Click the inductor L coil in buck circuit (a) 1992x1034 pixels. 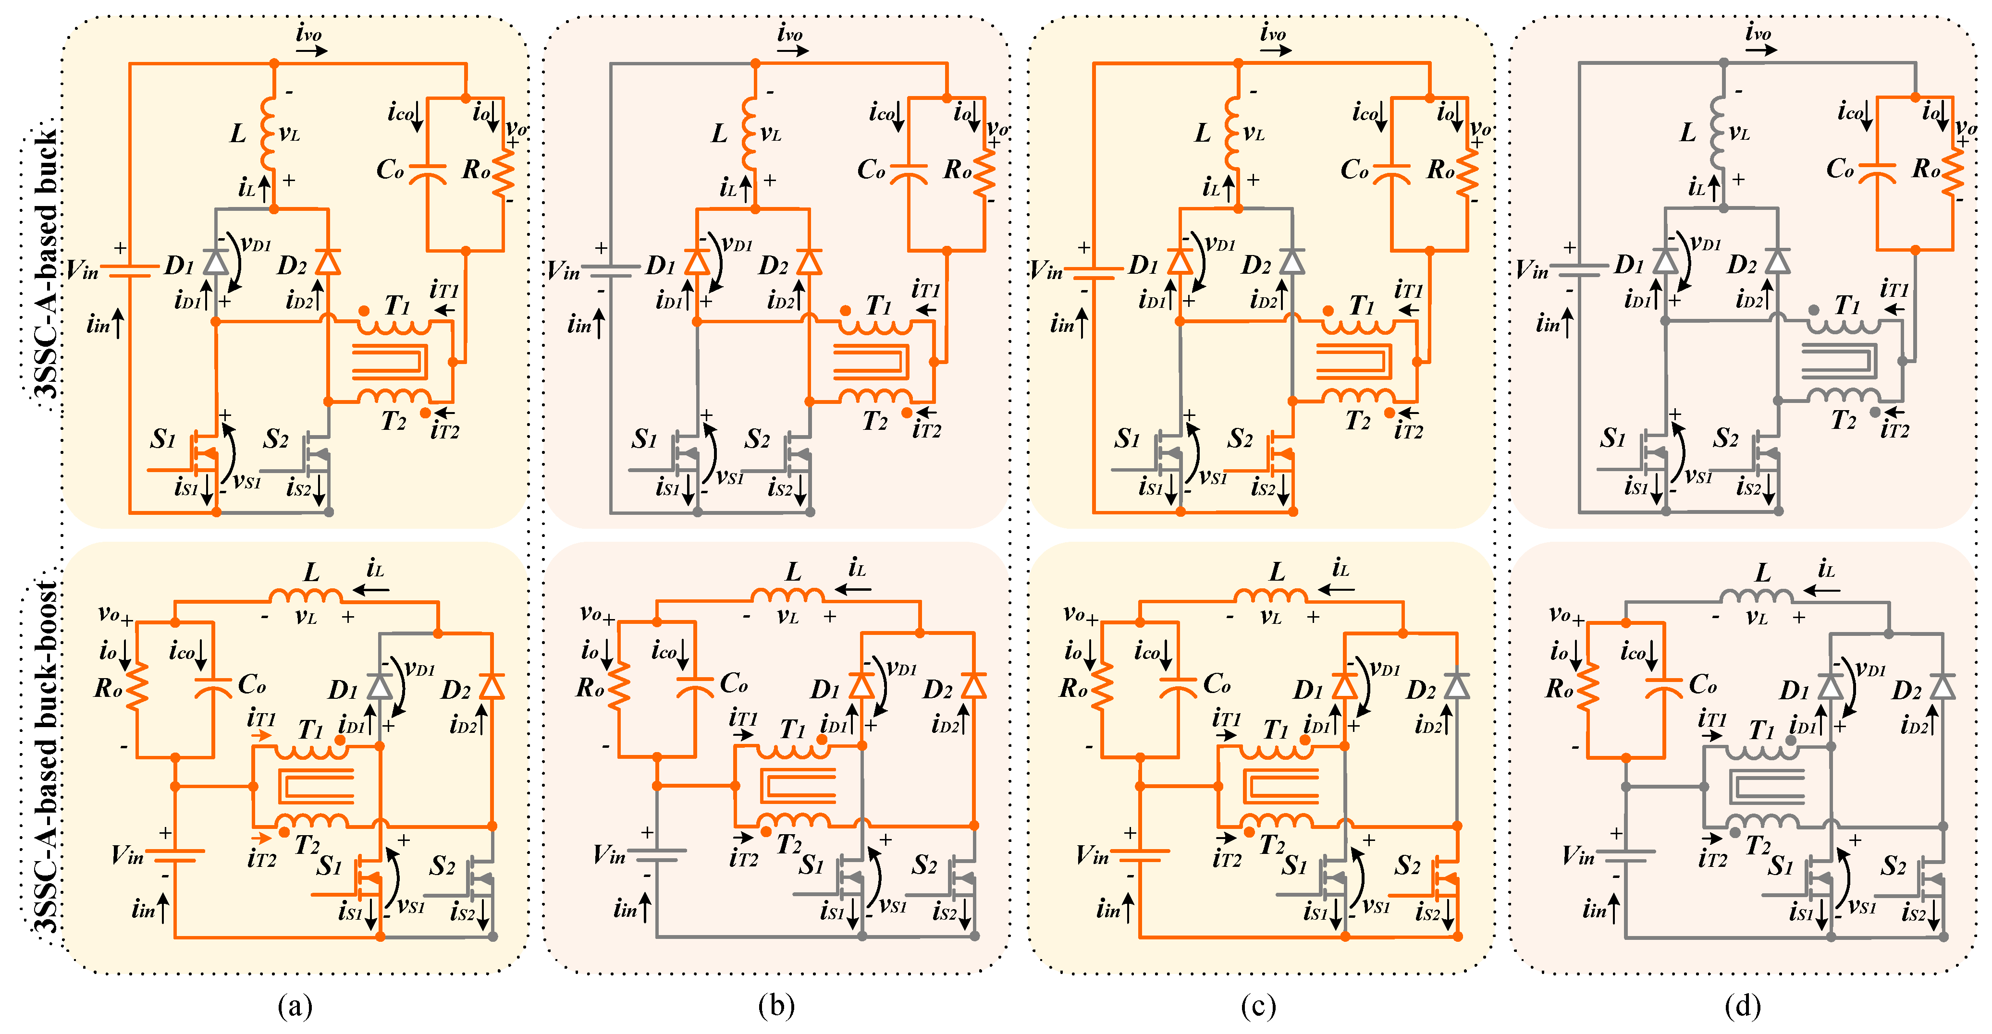(x=268, y=133)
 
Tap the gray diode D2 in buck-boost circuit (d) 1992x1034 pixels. (x=1943, y=686)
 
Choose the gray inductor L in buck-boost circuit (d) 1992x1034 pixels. (x=1756, y=596)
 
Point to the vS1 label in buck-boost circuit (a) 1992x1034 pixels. (x=411, y=906)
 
